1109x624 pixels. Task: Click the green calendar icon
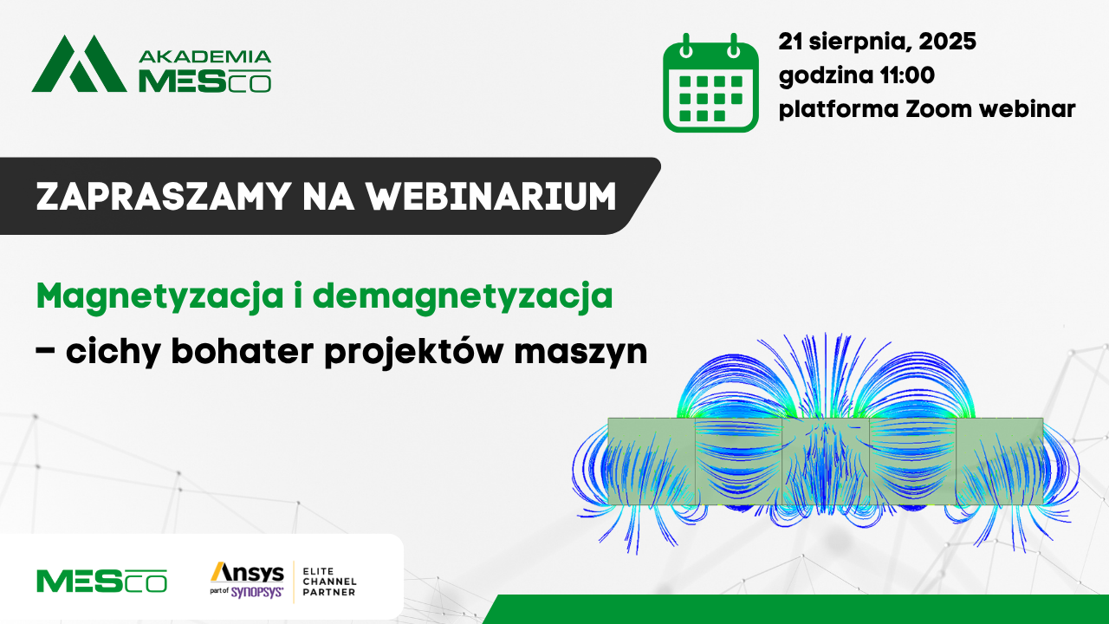click(x=710, y=82)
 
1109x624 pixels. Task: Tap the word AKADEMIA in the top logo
click(x=205, y=56)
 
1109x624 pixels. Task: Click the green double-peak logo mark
click(x=79, y=63)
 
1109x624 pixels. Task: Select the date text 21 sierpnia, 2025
click(x=877, y=41)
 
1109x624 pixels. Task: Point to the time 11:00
click(x=907, y=75)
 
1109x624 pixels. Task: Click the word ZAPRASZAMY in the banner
click(x=163, y=197)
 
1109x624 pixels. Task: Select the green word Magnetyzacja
click(x=160, y=297)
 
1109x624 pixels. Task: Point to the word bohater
click(x=243, y=351)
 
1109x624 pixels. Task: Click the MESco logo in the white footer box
click(x=101, y=581)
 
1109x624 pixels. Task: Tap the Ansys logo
click(x=247, y=573)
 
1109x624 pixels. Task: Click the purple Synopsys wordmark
click(x=257, y=591)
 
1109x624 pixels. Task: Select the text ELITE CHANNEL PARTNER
click(x=329, y=582)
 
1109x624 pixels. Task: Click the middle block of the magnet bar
click(x=826, y=462)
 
